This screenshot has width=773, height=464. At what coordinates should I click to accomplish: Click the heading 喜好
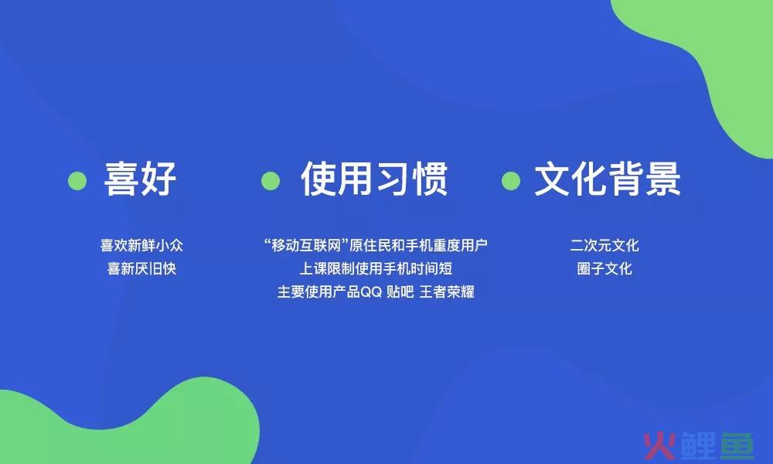[140, 179]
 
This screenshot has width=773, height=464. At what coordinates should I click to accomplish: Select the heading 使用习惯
[374, 179]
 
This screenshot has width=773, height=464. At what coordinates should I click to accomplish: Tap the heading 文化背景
[608, 179]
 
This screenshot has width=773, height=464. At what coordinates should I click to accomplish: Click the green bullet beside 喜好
[77, 181]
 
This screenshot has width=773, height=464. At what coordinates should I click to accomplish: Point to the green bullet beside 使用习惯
[270, 181]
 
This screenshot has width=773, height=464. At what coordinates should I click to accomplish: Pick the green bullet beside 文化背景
[511, 181]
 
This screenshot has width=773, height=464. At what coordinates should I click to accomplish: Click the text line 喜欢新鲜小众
[141, 245]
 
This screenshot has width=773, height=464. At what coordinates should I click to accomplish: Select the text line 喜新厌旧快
[141, 268]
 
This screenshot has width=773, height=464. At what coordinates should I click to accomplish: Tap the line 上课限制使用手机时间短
[376, 268]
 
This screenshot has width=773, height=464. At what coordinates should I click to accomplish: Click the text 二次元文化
[604, 245]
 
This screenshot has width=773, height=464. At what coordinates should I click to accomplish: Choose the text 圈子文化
[604, 268]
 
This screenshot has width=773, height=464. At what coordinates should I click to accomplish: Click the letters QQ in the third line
[371, 292]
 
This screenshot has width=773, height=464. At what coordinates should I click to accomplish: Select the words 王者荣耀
[447, 292]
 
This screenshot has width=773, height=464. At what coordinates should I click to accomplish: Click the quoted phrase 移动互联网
[306, 245]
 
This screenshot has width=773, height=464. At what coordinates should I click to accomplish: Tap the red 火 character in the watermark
[659, 445]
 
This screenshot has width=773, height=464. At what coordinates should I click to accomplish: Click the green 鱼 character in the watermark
[737, 445]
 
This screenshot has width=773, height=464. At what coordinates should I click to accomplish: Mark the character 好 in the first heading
[158, 179]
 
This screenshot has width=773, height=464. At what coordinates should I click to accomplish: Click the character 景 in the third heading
[663, 179]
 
